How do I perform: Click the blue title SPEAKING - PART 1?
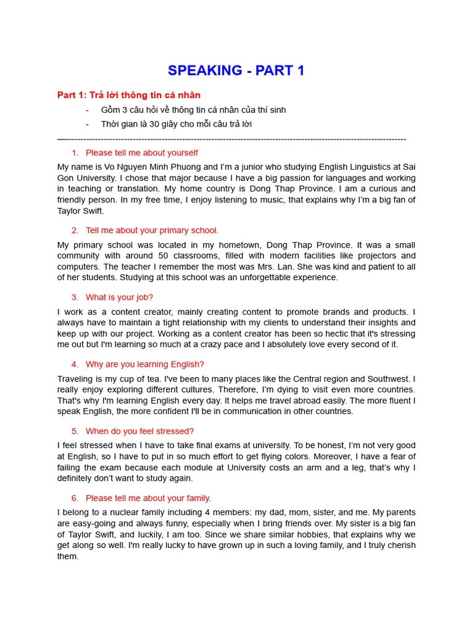pos(236,70)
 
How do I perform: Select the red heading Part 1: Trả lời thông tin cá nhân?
pos(129,95)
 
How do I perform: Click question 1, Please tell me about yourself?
pos(141,152)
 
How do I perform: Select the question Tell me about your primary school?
pos(152,230)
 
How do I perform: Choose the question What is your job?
pos(119,297)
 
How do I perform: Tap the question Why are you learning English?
pos(144,364)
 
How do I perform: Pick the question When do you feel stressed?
pos(139,431)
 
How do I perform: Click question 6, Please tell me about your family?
pos(148,497)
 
